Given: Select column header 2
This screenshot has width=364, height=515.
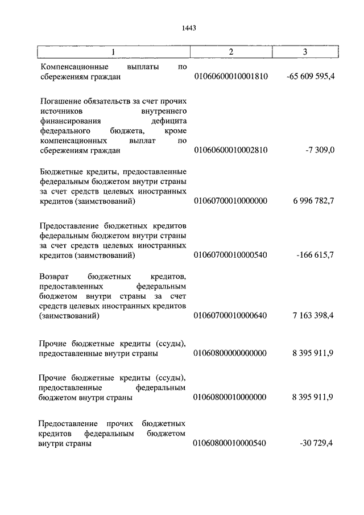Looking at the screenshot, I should pos(231,52).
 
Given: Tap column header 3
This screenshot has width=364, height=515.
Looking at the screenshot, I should pos(305,52).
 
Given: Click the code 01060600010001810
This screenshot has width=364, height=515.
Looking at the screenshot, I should pos(230,76).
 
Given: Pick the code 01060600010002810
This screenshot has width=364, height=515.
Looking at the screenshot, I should pos(230,150).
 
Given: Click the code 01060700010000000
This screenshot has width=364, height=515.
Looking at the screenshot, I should pos(230,202).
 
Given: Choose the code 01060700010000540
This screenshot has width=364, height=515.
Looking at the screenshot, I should pos(230,254).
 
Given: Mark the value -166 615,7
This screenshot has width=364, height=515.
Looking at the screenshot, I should pos(315,254).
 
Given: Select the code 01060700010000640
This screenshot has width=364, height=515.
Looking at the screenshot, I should pos(230,316).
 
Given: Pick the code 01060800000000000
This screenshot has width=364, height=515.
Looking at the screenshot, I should pos(230,353).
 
